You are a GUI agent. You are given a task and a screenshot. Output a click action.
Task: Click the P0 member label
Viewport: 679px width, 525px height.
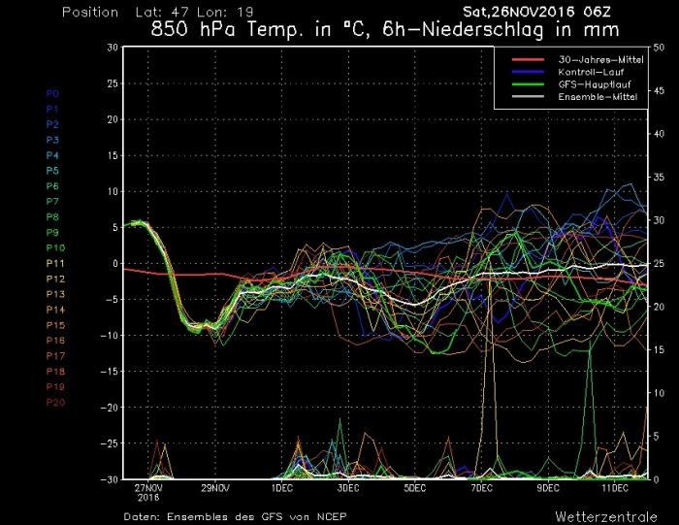(53, 93)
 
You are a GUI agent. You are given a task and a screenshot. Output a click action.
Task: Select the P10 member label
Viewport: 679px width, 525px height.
(55, 248)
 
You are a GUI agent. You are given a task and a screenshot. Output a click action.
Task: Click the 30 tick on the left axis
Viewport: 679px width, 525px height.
(113, 47)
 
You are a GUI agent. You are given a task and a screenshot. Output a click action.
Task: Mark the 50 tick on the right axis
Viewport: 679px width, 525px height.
(661, 47)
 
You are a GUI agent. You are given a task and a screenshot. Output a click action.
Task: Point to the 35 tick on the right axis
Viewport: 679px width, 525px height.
(661, 177)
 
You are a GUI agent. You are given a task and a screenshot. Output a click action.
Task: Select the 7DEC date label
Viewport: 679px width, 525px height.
(482, 488)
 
